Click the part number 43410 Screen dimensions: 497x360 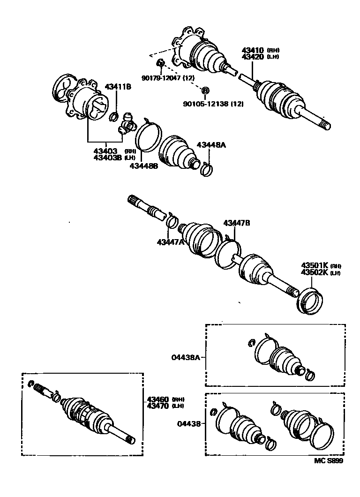coord(252,50)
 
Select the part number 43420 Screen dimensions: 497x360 coord(252,57)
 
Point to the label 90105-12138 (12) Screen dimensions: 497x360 coord(213,103)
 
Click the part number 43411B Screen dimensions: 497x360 coord(118,87)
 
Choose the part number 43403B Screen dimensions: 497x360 coord(107,158)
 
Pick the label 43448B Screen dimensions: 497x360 coord(144,166)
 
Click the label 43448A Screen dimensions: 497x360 coord(211,145)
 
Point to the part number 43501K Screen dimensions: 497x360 coord(315,265)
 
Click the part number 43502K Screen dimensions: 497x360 coord(315,272)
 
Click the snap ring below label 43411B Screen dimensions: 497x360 coord(114,116)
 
